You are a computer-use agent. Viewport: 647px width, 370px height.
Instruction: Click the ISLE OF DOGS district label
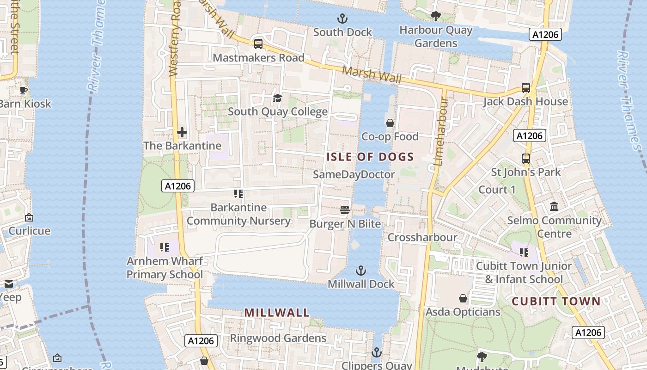(x=370, y=157)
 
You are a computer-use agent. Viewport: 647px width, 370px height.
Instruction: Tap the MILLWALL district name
(x=277, y=313)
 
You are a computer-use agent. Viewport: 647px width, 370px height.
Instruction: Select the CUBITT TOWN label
(x=556, y=302)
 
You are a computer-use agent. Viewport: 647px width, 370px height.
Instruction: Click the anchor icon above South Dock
(x=342, y=19)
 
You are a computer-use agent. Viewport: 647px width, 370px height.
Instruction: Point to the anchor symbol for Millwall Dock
(x=361, y=271)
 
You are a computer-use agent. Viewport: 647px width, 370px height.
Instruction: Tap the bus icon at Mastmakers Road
(x=258, y=44)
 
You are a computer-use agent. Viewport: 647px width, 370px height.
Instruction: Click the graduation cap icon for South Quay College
(x=277, y=98)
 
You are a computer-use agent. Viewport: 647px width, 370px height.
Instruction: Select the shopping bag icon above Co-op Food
(x=390, y=123)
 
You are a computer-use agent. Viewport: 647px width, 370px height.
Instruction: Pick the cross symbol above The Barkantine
(x=182, y=133)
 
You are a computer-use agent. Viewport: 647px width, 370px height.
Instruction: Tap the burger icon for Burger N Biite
(x=345, y=210)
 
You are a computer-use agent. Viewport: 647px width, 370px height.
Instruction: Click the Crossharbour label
(x=422, y=237)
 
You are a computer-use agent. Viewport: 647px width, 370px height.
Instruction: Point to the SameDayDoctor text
(x=354, y=174)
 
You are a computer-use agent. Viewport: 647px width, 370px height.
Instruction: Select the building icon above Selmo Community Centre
(x=554, y=207)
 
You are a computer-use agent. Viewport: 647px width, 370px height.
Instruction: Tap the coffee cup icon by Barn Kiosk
(x=24, y=90)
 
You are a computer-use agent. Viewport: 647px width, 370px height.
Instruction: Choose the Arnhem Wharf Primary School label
(x=165, y=268)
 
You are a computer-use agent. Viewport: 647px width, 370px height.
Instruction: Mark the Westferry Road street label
(x=174, y=39)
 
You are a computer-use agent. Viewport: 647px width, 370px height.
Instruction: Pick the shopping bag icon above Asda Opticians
(x=463, y=298)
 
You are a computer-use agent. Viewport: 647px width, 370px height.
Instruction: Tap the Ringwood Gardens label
(x=278, y=338)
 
